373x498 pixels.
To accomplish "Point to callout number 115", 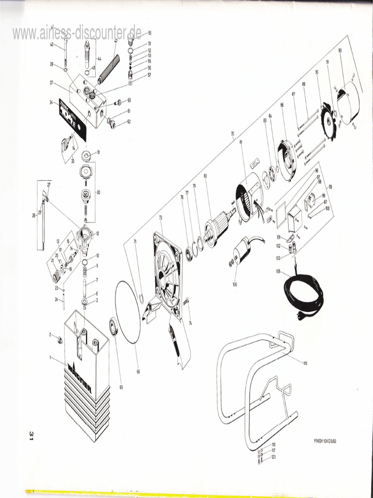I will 305,363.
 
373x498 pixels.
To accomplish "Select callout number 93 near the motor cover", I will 340,51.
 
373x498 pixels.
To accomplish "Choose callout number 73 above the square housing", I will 160,217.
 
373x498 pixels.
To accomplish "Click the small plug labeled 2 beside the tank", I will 60,339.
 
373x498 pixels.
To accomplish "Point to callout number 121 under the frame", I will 274,458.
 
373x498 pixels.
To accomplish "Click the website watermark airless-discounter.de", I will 77,33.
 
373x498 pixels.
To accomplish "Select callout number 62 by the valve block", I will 129,122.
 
